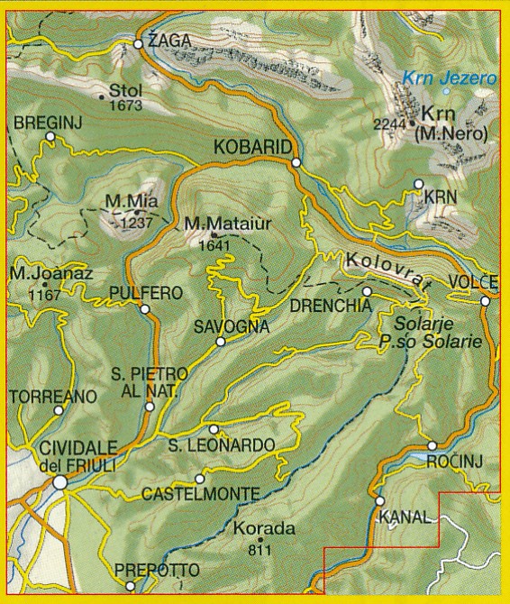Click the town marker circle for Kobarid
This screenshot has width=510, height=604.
296,162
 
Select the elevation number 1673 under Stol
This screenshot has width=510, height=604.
126,105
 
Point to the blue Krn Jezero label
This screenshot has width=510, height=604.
450,78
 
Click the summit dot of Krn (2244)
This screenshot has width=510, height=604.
413,124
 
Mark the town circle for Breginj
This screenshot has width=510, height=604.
50,137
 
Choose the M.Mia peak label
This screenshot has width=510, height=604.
126,201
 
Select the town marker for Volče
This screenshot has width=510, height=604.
485,301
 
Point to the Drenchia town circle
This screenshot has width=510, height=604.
367,292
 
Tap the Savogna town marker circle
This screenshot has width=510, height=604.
220,342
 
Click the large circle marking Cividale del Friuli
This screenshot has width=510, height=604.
59,482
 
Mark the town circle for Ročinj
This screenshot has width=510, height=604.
432,445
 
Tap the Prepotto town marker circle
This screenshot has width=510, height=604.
130,586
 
